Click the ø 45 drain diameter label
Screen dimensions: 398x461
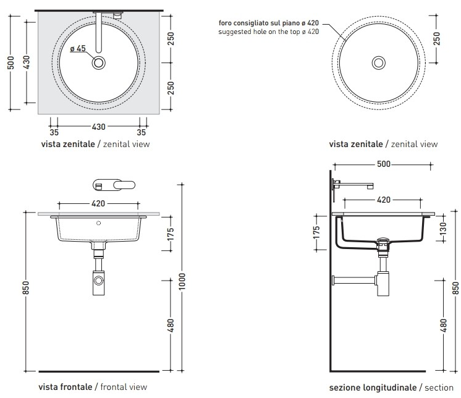tap(77, 49)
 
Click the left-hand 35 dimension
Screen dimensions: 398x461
tap(54, 132)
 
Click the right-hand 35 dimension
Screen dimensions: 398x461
tap(142, 132)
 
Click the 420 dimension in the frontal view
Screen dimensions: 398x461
tap(98, 203)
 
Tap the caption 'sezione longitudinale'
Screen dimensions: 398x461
tap(373, 387)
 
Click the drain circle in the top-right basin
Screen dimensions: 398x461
tap(379, 62)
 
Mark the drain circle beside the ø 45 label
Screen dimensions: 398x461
tap(98, 63)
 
